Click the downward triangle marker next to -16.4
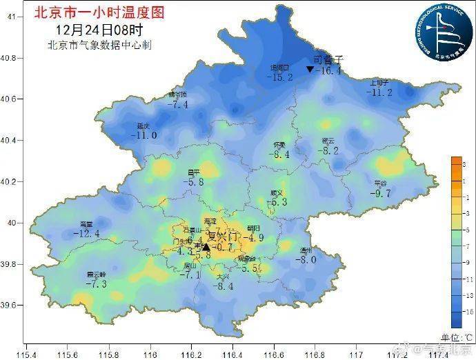point(310,70)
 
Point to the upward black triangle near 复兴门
point(206,246)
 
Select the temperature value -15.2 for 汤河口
point(279,77)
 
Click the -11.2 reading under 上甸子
point(379,92)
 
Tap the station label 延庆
point(143,126)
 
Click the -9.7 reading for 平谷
point(380,194)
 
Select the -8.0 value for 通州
point(305,259)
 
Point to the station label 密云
point(328,141)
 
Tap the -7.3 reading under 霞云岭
point(96,283)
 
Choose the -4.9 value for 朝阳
point(255,238)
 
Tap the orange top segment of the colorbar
point(457,164)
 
